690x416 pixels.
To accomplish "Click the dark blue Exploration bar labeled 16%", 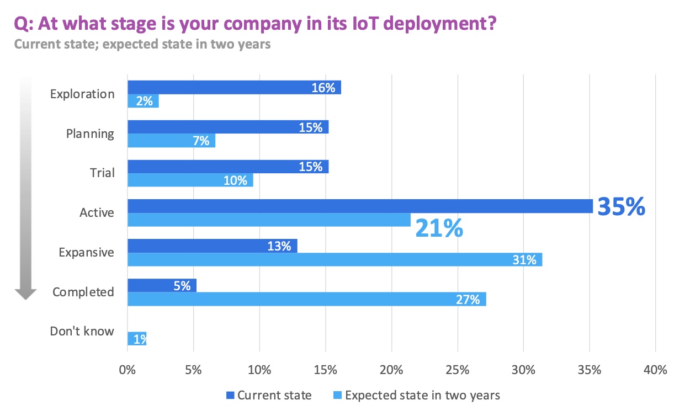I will click(234, 87).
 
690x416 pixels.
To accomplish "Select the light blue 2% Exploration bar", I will click(143, 102).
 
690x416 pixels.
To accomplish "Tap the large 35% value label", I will click(621, 206).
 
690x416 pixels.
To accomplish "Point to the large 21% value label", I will click(439, 227).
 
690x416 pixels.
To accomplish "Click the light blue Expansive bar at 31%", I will click(335, 259).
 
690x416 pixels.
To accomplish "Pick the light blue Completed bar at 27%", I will click(306, 299).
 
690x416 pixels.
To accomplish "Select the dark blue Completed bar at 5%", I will click(162, 285).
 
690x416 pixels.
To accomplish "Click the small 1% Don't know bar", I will click(137, 338).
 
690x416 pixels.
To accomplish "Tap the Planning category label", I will click(90, 134).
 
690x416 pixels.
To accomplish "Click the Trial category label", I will click(102, 173).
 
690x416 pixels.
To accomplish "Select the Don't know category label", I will click(82, 331).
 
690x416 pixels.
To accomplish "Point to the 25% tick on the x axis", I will click(457, 369).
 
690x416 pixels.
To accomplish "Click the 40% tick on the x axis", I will click(655, 369).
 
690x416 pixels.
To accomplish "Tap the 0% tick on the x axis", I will click(128, 369).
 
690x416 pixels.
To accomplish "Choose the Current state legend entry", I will click(269, 395).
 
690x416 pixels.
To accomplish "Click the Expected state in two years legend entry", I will click(417, 395).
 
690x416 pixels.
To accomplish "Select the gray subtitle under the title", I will click(142, 44).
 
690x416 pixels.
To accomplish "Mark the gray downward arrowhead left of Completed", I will click(25, 293).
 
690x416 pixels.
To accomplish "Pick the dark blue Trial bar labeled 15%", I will click(228, 167).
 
